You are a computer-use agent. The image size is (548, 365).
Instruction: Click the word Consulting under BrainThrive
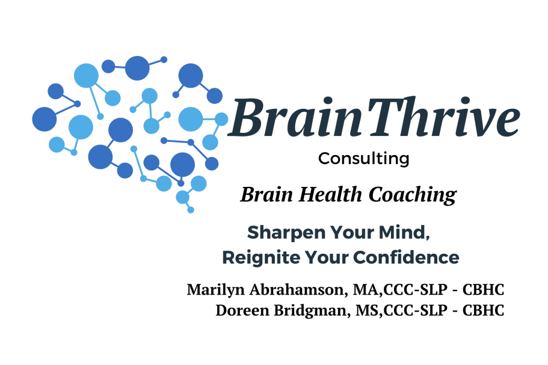[x=363, y=159]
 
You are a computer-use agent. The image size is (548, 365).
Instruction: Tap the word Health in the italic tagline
[x=330, y=194]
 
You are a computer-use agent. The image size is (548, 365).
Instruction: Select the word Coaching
[x=413, y=195]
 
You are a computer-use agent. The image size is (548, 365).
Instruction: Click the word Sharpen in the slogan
[x=286, y=233]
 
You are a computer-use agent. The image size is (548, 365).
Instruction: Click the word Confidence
[x=406, y=257]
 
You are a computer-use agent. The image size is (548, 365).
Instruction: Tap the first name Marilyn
[x=215, y=290]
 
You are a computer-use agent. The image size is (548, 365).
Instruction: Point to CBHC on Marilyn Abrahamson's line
[x=483, y=290]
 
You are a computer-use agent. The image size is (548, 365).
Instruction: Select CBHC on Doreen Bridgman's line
[x=483, y=310]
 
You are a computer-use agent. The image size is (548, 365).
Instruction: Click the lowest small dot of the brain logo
[x=191, y=210]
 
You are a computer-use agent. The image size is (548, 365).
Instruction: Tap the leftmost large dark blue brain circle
[x=45, y=119]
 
